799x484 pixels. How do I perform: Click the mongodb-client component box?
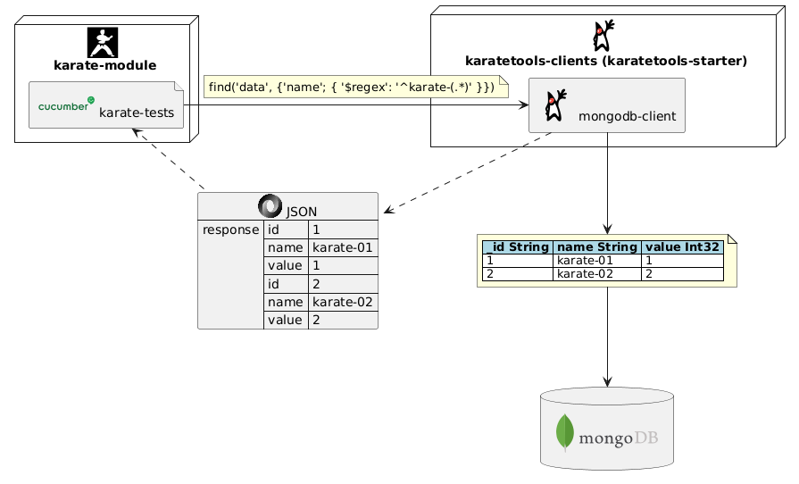pyautogui.click(x=607, y=105)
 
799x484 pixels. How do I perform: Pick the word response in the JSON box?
pyautogui.click(x=230, y=229)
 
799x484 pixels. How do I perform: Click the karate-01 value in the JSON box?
pyautogui.click(x=343, y=247)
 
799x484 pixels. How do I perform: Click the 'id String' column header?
pyautogui.click(x=518, y=246)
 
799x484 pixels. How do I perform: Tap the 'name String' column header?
pyautogui.click(x=596, y=246)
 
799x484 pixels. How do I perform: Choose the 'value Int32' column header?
pyautogui.click(x=682, y=246)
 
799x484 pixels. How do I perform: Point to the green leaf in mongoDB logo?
pyautogui.click(x=564, y=432)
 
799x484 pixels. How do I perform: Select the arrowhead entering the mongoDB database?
pyautogui.click(x=607, y=382)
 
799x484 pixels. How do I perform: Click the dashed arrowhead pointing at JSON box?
pyautogui.click(x=387, y=212)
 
